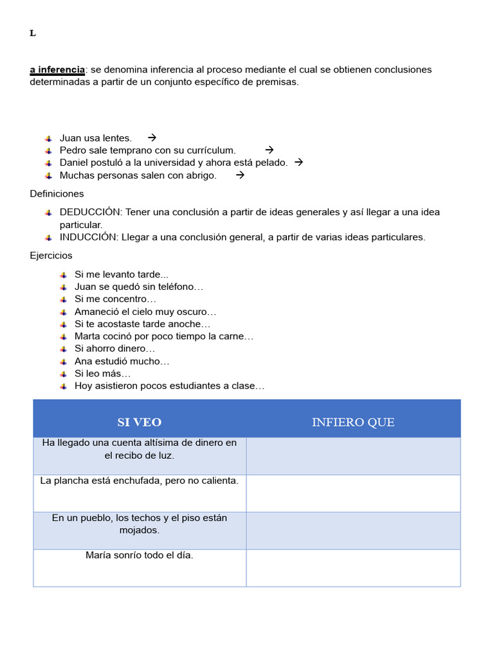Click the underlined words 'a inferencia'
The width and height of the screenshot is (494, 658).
tap(57, 69)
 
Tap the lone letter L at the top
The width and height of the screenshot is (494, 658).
tap(33, 34)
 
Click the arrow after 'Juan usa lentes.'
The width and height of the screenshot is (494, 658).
tap(152, 138)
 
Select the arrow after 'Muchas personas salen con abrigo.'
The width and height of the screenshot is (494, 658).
tap(240, 175)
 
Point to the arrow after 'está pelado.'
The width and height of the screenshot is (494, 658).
tap(298, 162)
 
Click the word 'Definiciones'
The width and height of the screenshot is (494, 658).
tap(57, 193)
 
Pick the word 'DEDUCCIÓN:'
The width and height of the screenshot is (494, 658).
tap(90, 212)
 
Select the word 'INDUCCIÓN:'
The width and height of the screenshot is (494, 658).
tap(89, 237)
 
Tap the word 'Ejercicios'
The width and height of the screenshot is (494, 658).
tap(51, 256)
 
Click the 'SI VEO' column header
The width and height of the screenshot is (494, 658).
tap(140, 422)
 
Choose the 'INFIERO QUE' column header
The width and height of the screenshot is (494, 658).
tap(353, 422)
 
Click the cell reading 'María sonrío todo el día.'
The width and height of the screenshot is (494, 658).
tap(140, 555)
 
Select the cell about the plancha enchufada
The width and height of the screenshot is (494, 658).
tap(140, 481)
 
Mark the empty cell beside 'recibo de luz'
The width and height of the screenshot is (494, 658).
tap(353, 456)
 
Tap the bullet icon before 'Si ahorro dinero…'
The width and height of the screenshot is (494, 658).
tap(64, 349)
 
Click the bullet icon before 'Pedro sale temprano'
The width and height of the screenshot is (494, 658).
tap(49, 150)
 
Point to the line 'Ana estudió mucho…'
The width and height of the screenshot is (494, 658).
tap(122, 361)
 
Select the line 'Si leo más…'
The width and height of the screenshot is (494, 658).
tap(103, 373)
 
